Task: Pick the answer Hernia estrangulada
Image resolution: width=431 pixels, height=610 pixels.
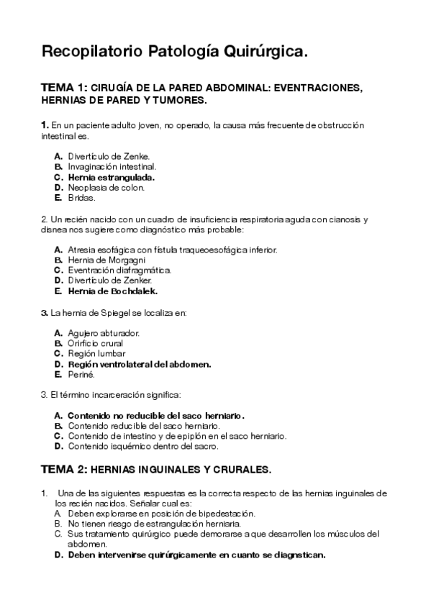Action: click(112, 176)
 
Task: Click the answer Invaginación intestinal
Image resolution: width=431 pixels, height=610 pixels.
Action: click(112, 166)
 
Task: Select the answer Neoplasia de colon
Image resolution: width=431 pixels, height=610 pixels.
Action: click(106, 187)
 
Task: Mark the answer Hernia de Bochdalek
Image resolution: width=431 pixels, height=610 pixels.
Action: click(112, 291)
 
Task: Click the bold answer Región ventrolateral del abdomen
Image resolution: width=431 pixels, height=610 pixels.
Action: click(139, 364)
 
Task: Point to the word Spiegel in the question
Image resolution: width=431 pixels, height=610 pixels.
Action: click(119, 312)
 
